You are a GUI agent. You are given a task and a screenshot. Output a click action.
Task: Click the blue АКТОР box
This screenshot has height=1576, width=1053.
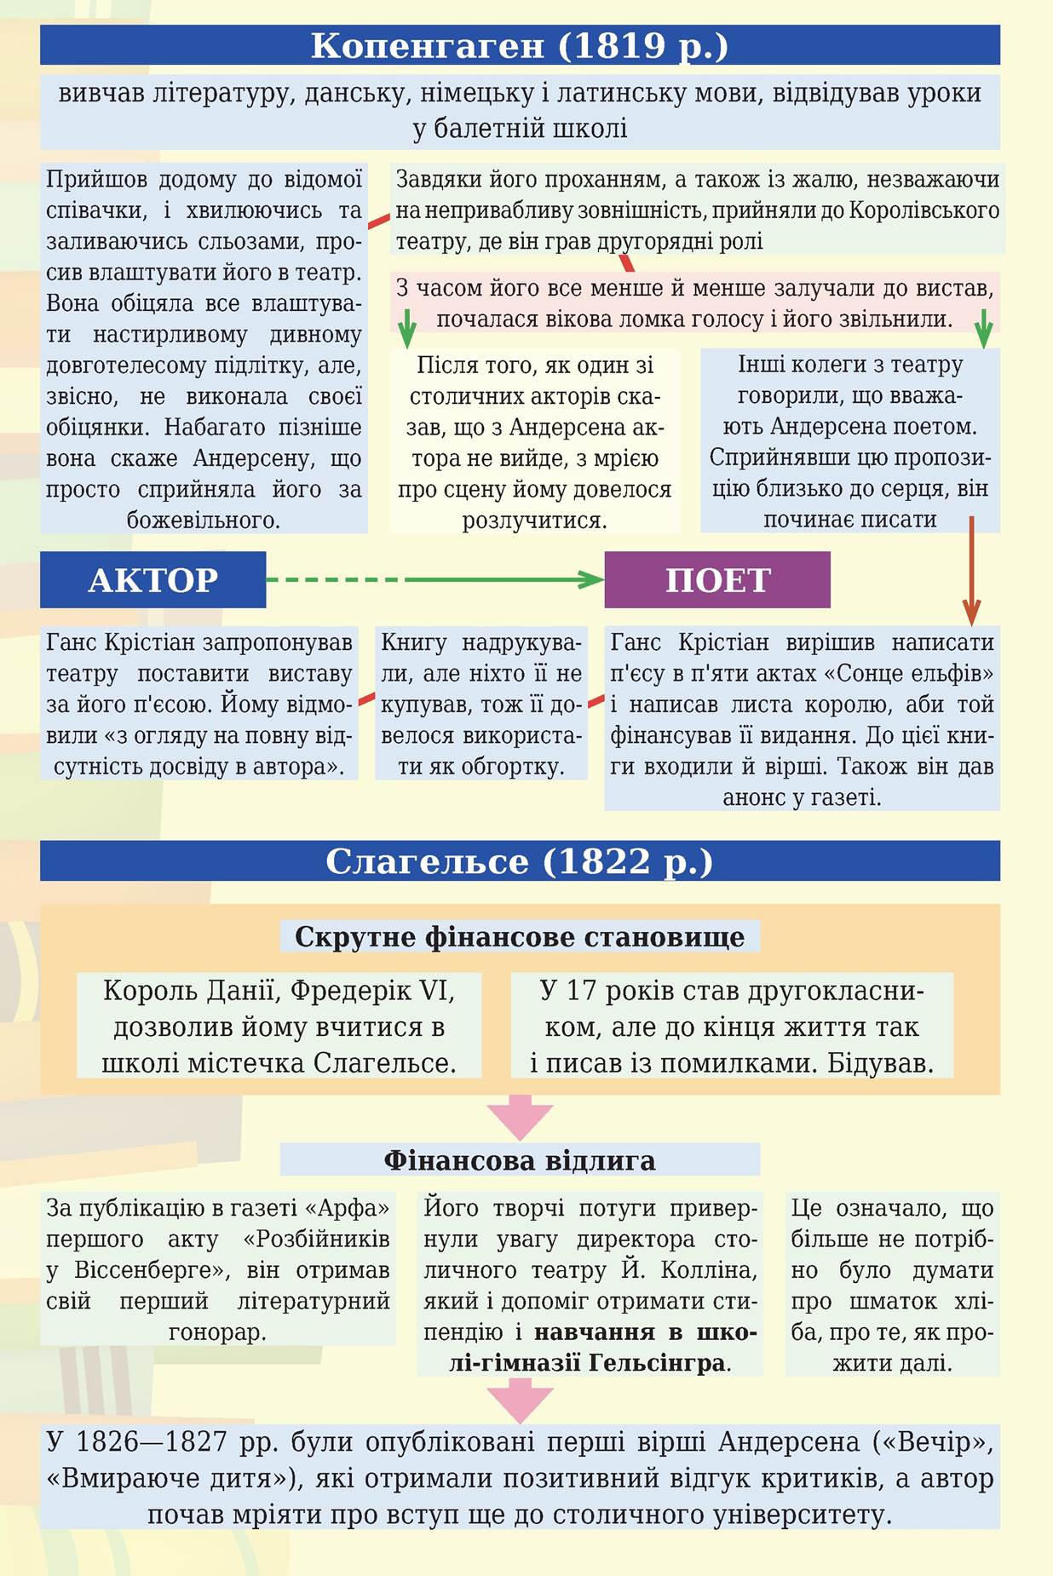(x=152, y=579)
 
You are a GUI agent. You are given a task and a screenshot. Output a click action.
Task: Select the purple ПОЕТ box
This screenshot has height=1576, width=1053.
(x=717, y=579)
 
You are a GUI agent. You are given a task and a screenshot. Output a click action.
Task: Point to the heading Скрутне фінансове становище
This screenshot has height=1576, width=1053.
(x=520, y=937)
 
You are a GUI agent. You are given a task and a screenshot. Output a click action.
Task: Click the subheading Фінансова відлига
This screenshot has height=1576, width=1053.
(x=520, y=1160)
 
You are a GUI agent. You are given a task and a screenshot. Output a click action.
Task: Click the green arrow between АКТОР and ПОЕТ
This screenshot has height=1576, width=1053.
(x=434, y=580)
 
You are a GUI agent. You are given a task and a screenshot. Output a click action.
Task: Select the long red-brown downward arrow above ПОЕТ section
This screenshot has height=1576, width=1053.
(x=971, y=571)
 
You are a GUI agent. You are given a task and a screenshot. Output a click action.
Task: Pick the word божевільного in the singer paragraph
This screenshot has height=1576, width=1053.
(x=204, y=520)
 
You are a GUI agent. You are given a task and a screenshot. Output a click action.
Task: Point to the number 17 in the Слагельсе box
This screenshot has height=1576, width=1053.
(x=581, y=991)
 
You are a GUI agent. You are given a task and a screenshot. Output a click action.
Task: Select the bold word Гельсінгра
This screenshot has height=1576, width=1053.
(x=657, y=1363)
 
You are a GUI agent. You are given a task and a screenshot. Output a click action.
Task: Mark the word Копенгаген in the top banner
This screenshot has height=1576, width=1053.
(x=427, y=45)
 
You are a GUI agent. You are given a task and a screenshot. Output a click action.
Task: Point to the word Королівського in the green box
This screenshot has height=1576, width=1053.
(x=924, y=210)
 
